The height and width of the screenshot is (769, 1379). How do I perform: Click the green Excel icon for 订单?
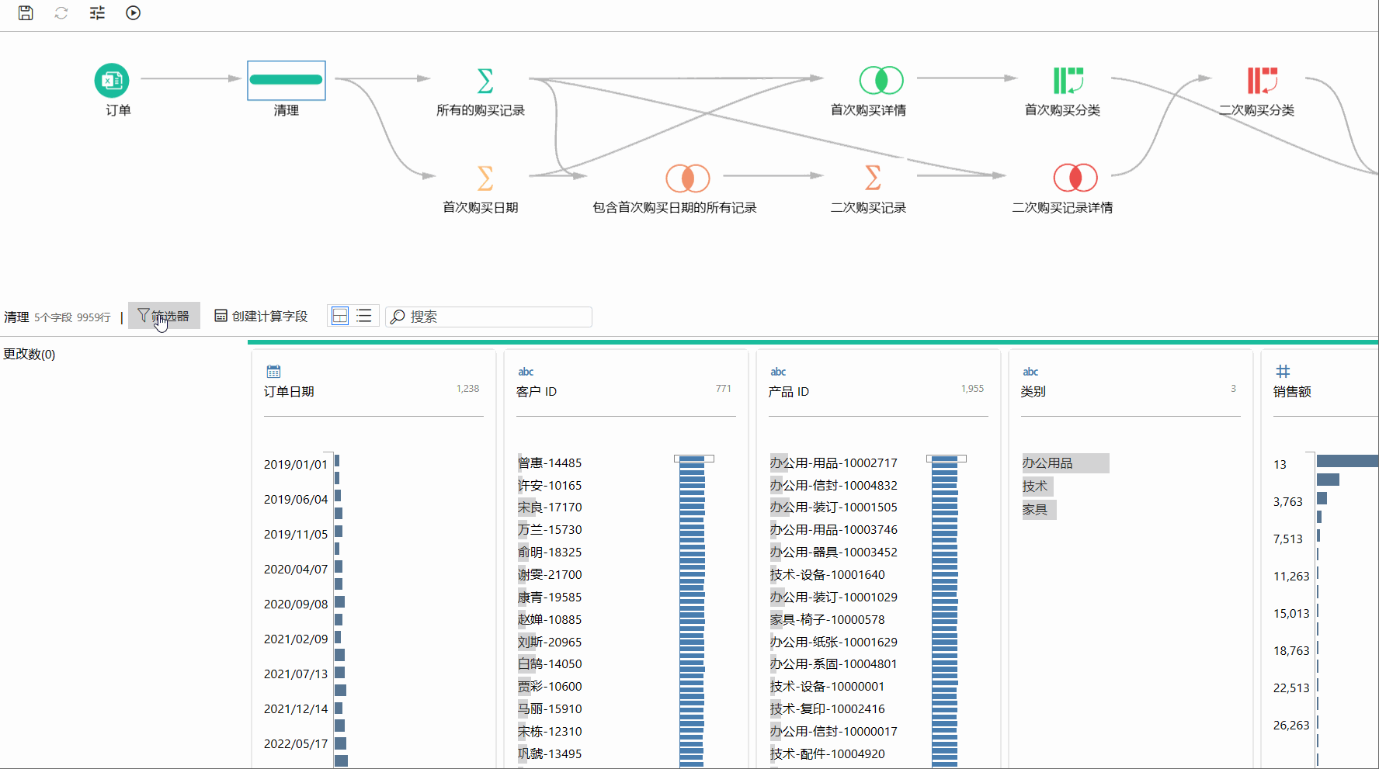(x=112, y=80)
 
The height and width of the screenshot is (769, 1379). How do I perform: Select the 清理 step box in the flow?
(x=287, y=80)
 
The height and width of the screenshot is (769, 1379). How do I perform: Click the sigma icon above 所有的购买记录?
(x=485, y=80)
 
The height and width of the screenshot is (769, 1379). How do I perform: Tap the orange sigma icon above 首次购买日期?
(x=485, y=178)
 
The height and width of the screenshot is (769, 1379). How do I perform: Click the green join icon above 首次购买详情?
(x=881, y=80)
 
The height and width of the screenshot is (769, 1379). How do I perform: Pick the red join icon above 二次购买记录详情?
(x=1075, y=178)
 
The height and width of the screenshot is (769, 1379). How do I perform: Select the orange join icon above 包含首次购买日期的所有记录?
(x=688, y=178)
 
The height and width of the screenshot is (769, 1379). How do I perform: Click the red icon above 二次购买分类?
(x=1263, y=80)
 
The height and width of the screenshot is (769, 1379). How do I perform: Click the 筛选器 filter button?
(x=164, y=316)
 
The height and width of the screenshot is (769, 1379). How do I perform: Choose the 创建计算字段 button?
(x=261, y=316)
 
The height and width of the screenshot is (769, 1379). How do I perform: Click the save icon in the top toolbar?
(x=26, y=12)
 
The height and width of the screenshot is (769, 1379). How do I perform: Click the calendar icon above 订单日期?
(x=273, y=372)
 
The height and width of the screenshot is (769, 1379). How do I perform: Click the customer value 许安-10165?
(x=550, y=485)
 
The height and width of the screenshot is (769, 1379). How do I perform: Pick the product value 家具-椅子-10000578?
(x=827, y=619)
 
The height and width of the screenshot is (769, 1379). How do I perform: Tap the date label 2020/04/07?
(x=296, y=569)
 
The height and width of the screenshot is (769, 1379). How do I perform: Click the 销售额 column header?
(x=1292, y=392)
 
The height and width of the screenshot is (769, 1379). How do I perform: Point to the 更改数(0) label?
(x=30, y=354)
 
